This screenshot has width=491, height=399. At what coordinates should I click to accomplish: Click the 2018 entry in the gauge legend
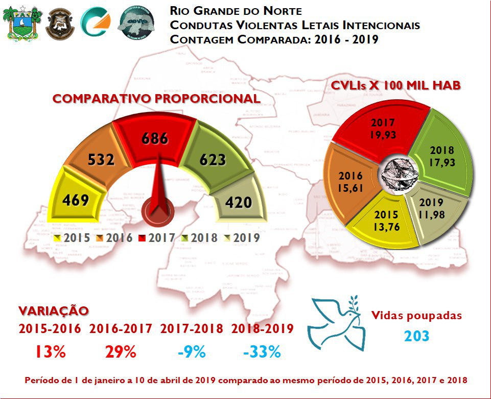pyautogui.click(x=201, y=238)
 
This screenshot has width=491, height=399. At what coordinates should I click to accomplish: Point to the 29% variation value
pyautogui.click(x=121, y=352)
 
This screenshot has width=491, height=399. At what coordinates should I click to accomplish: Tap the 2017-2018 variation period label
pyautogui.click(x=192, y=329)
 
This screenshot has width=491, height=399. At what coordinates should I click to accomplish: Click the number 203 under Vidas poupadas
pyautogui.click(x=416, y=337)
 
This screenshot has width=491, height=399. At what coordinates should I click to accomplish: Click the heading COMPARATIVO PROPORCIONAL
pyautogui.click(x=156, y=99)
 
